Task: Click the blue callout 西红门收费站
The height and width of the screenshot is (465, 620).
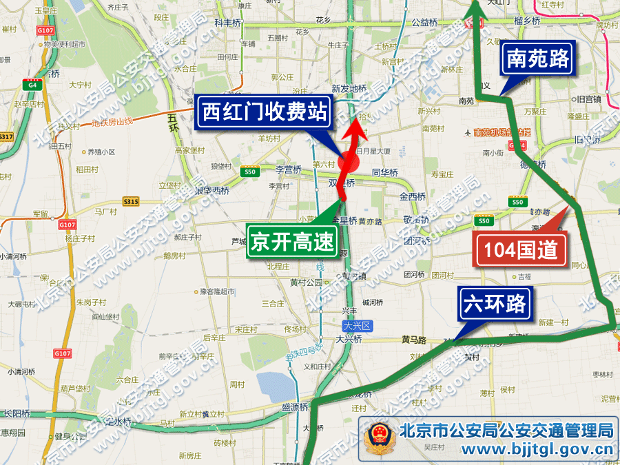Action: click(x=263, y=112)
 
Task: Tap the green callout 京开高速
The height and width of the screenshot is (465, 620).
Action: click(x=292, y=242)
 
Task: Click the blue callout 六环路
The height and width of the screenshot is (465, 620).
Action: click(x=495, y=304)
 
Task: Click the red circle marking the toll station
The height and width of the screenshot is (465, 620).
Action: click(x=349, y=163)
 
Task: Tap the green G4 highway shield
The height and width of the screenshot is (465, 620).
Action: click(x=30, y=84)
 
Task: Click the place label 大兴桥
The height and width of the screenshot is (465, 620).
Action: click(x=349, y=340)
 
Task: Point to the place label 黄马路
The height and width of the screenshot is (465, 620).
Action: click(x=414, y=340)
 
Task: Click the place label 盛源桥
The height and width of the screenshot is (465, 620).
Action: click(x=295, y=407)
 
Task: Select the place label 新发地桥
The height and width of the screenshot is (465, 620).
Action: click(x=348, y=88)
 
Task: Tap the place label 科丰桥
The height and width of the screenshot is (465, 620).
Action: click(x=229, y=22)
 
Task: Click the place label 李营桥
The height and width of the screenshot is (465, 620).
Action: click(x=289, y=169)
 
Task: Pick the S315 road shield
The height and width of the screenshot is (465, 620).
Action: click(x=130, y=201)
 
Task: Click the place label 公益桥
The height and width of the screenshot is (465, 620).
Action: click(x=424, y=22)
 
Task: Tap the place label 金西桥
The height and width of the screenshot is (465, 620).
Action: click(x=413, y=196)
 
